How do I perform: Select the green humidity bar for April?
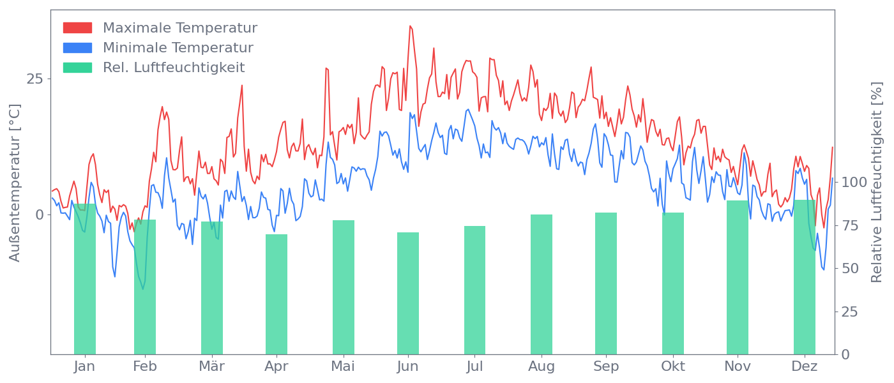pyautogui.click(x=277, y=294)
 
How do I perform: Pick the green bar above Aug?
pyautogui.click(x=542, y=284)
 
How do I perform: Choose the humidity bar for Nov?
pyautogui.click(x=738, y=277)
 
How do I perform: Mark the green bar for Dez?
pyautogui.click(x=805, y=277)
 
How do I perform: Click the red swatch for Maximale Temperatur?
pyautogui.click(x=77, y=28)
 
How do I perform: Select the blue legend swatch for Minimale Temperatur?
pyautogui.click(x=77, y=48)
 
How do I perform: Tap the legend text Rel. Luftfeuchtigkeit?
pyautogui.click(x=174, y=68)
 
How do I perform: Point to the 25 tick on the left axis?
pyautogui.click(x=34, y=79)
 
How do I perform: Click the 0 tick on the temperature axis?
pyautogui.click(x=40, y=214)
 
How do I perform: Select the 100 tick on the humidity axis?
pyautogui.click(x=854, y=182)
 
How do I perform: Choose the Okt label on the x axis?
pyautogui.click(x=673, y=366)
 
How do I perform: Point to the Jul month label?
pyautogui.click(x=474, y=366)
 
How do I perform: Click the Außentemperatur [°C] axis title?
pyautogui.click(x=15, y=183)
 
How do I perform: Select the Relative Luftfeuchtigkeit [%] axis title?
pyautogui.click(x=877, y=183)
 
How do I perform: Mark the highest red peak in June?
pyautogui.click(x=411, y=26)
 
